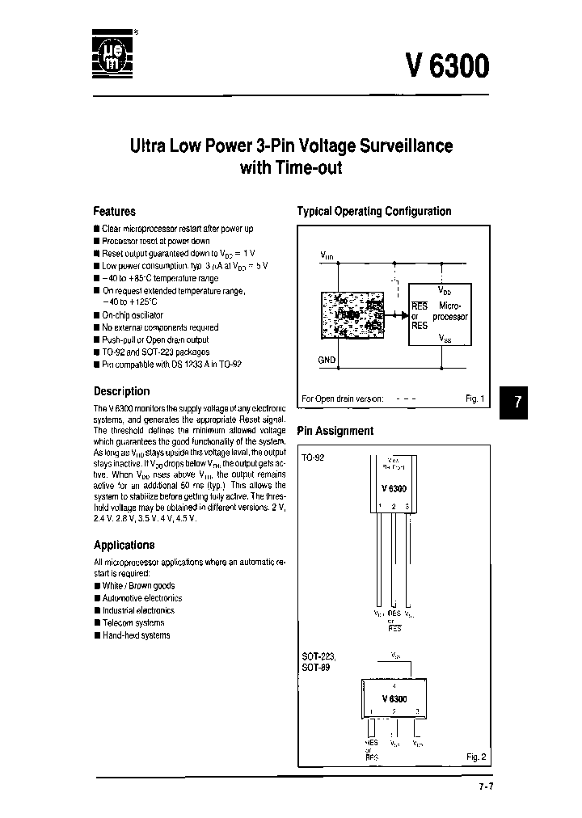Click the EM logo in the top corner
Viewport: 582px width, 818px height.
pyautogui.click(x=112, y=55)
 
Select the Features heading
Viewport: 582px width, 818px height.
pyautogui.click(x=114, y=211)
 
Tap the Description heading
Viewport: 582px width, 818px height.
pyautogui.click(x=121, y=391)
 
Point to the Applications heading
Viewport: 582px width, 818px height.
pyautogui.click(x=124, y=545)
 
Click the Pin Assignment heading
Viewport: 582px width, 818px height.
pyautogui.click(x=335, y=431)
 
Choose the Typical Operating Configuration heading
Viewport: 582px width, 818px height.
pyautogui.click(x=373, y=211)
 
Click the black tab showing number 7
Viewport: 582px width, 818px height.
pyautogui.click(x=518, y=402)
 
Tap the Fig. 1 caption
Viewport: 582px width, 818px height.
pyautogui.click(x=475, y=398)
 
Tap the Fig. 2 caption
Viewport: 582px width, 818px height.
pyautogui.click(x=475, y=757)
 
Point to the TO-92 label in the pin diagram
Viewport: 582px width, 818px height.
pyautogui.click(x=312, y=457)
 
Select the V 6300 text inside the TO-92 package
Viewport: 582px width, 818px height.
pyautogui.click(x=394, y=489)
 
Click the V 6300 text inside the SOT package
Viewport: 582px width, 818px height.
pyautogui.click(x=394, y=698)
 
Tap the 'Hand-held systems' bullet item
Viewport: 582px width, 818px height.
pyautogui.click(x=136, y=635)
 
